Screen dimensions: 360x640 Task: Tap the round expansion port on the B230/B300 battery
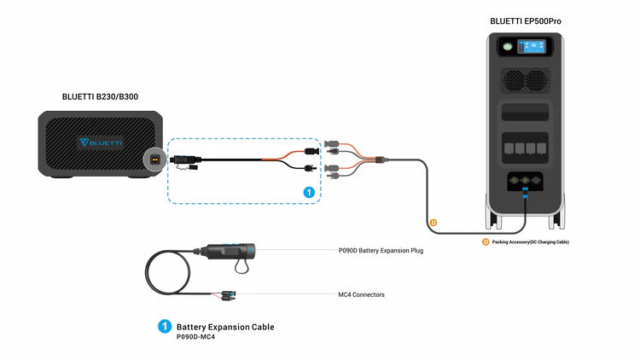pos(155,160)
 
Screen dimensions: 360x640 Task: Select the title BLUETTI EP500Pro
pos(526,20)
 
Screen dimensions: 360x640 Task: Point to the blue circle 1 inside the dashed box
pos(309,194)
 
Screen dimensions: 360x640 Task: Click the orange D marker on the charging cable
pos(433,223)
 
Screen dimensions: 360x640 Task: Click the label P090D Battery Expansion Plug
pos(381,251)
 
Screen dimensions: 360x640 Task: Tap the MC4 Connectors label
pos(361,295)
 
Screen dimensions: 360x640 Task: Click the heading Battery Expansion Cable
pos(225,327)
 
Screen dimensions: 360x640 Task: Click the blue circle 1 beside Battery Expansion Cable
pos(165,327)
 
